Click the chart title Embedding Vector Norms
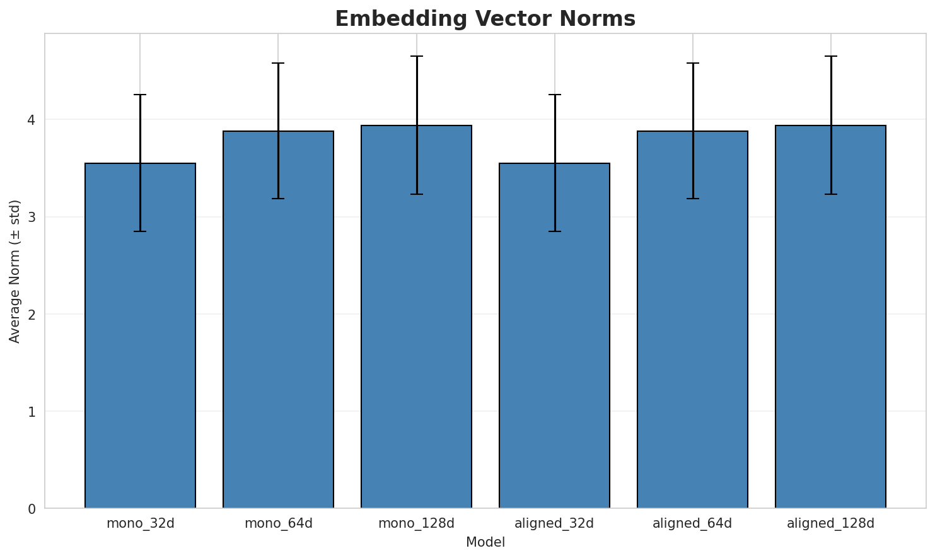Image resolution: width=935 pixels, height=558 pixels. pyautogui.click(x=485, y=19)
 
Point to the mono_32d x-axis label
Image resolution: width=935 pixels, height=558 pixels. pyautogui.click(x=140, y=523)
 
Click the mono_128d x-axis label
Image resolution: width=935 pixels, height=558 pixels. pyautogui.click(x=416, y=523)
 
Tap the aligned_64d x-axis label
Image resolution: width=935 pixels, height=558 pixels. pyautogui.click(x=692, y=523)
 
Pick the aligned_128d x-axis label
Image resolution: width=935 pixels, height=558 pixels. pyautogui.click(x=830, y=523)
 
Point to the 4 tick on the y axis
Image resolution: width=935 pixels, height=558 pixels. pyautogui.click(x=32, y=120)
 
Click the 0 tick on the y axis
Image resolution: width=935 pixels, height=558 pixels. pyautogui.click(x=32, y=509)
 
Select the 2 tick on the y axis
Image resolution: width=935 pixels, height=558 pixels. pyautogui.click(x=32, y=315)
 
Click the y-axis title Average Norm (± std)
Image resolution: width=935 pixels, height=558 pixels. pyautogui.click(x=15, y=271)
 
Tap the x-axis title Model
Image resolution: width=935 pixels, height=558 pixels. pyautogui.click(x=485, y=543)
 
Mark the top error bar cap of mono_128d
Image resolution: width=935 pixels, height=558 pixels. pyautogui.click(x=416, y=56)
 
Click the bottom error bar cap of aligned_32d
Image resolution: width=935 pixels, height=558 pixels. pyautogui.click(x=554, y=231)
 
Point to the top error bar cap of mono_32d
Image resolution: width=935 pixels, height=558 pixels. pyautogui.click(x=140, y=95)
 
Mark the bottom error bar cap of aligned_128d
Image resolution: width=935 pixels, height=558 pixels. pyautogui.click(x=830, y=194)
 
